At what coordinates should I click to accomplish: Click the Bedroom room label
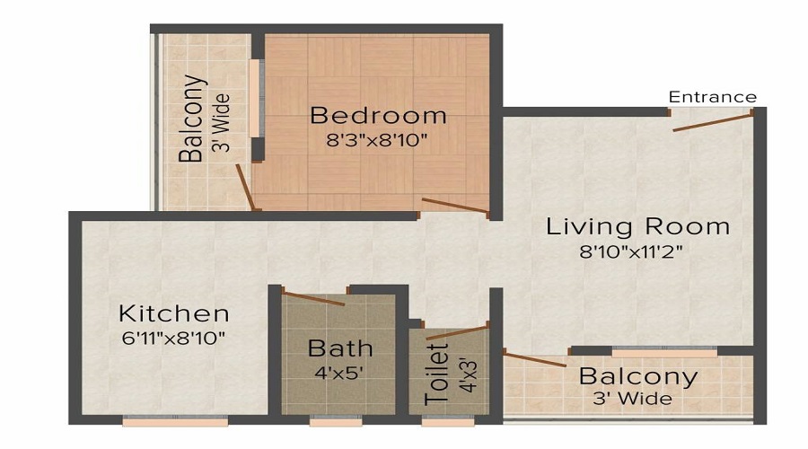378,115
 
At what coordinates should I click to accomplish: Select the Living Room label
637,226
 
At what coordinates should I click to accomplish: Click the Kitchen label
174,314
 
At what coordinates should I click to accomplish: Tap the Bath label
340,348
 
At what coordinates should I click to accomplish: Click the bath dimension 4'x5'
340,370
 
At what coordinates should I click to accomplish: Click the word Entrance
712,97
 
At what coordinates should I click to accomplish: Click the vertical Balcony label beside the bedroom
191,118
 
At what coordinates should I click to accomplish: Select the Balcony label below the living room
637,376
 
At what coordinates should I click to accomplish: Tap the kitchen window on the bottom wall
174,419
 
